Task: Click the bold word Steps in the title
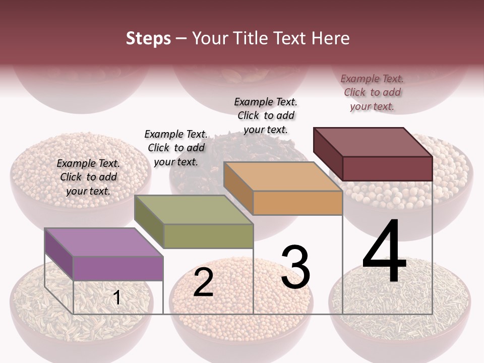(148, 38)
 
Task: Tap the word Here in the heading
(330, 38)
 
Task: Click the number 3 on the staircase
(295, 267)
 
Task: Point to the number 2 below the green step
(203, 282)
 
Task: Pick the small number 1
(117, 298)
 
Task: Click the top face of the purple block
(104, 242)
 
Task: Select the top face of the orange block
(283, 176)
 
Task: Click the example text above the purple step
(88, 177)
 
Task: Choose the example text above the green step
(176, 148)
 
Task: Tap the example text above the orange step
(266, 115)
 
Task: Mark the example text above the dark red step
(372, 92)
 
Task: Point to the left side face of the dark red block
(328, 154)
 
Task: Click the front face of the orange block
(297, 203)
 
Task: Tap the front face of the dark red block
(387, 168)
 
